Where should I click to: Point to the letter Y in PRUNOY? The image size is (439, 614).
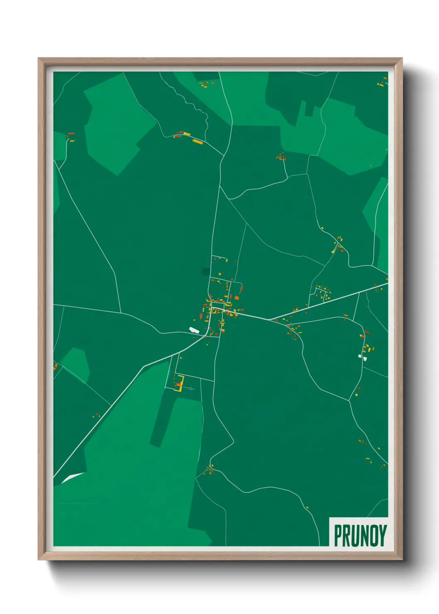coord(383,536)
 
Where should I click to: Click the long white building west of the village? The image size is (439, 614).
coord(194,330)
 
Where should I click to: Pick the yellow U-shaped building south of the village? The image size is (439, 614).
coord(179,383)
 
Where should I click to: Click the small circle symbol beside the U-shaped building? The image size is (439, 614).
coord(190,389)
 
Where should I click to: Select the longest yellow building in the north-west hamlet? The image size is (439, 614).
coord(198,141)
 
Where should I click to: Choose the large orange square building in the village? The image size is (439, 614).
coord(237,297)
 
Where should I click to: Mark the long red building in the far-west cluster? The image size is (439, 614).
coord(71,134)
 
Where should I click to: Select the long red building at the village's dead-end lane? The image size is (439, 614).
coord(241,288)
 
